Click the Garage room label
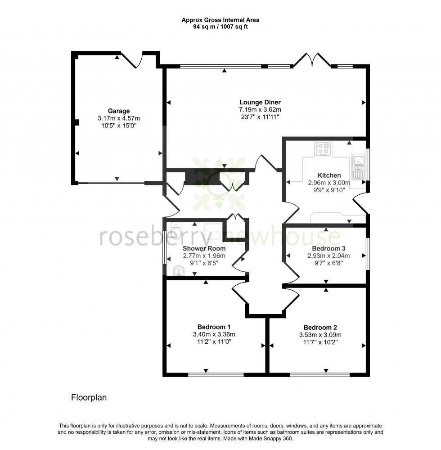119,111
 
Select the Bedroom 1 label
214,327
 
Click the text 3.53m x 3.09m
320,335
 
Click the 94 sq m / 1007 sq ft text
220,27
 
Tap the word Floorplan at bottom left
89,398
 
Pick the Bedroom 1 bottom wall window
216,374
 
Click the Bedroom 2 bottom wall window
319,374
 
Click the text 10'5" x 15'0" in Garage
119,126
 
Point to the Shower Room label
204,248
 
